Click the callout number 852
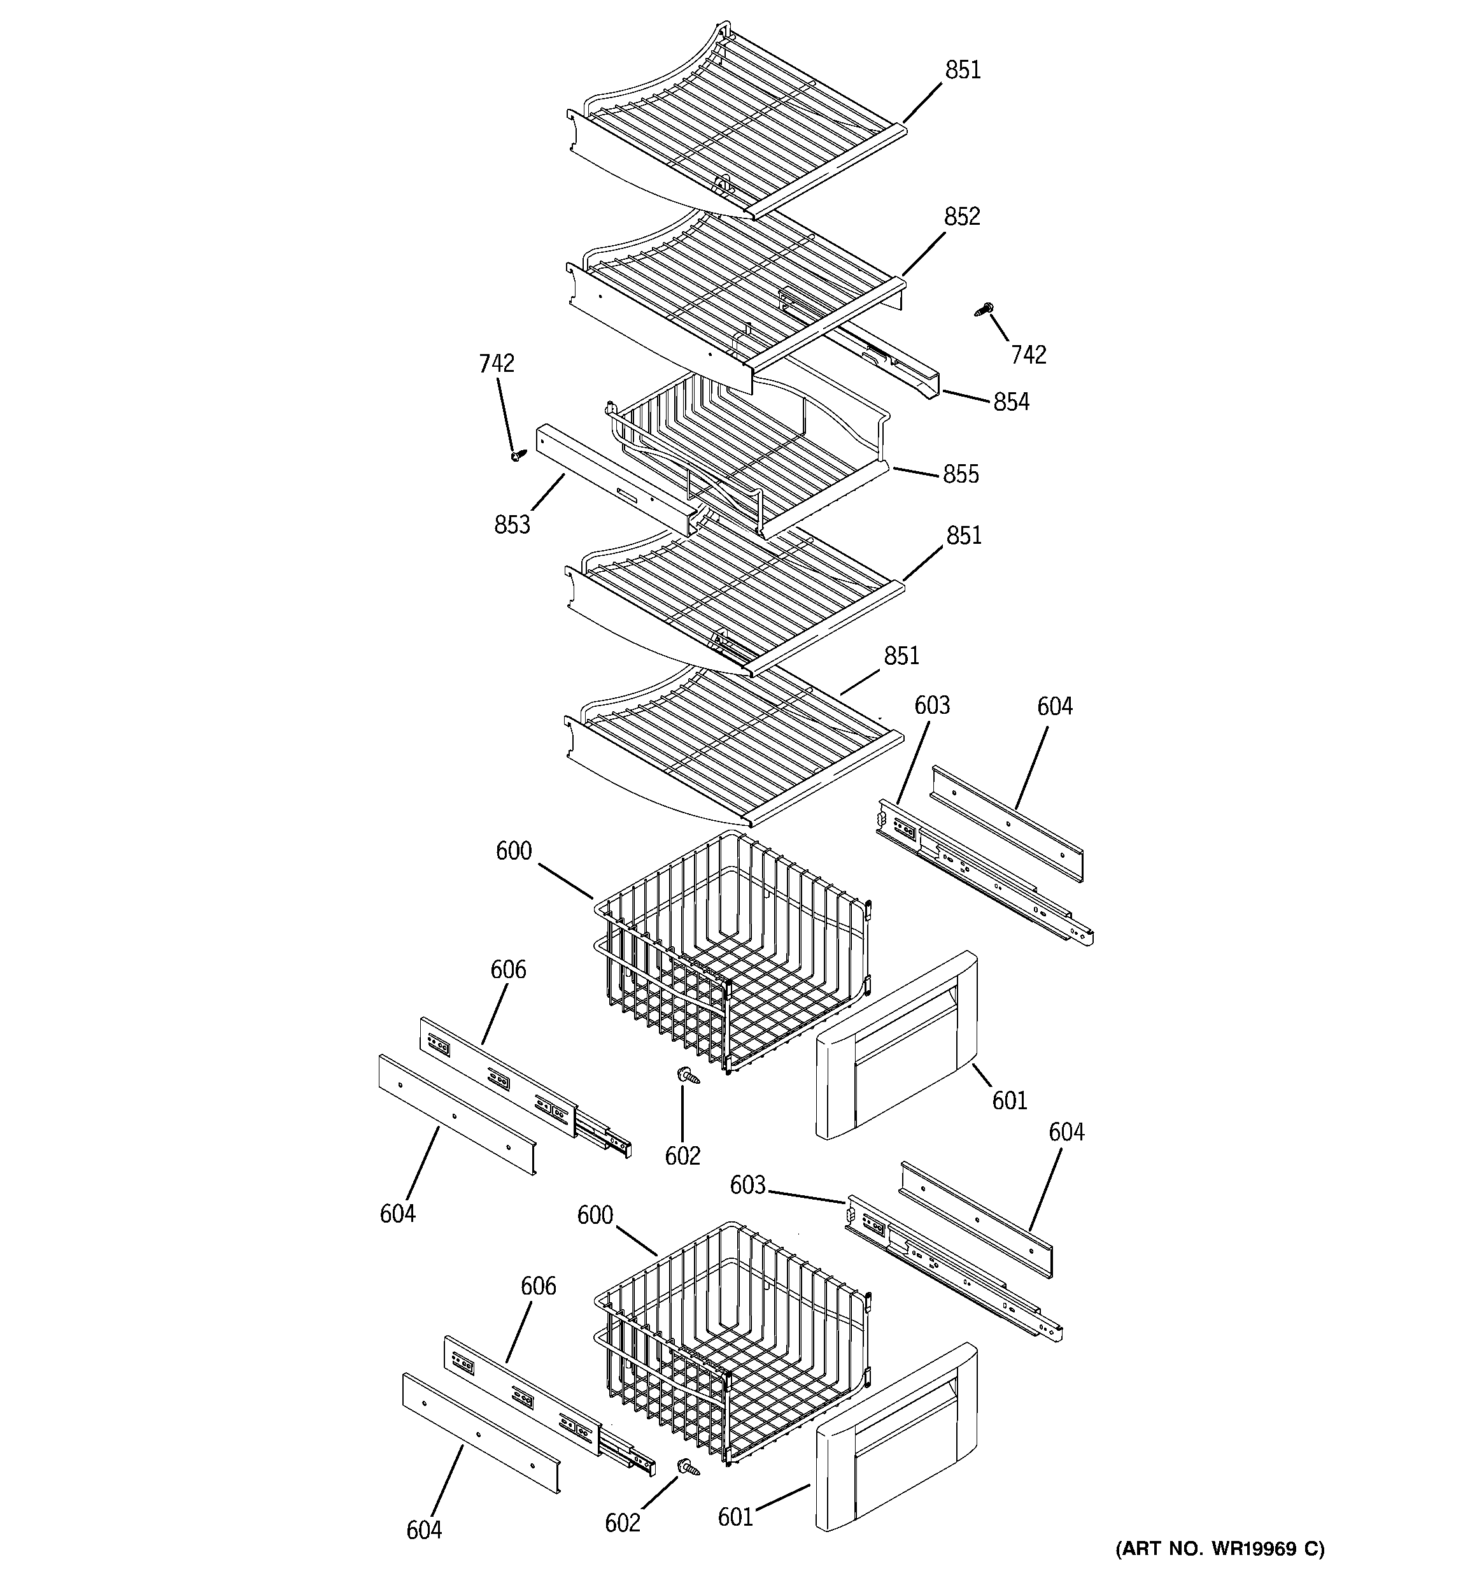[x=962, y=217]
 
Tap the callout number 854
[x=1011, y=402]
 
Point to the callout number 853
[x=511, y=525]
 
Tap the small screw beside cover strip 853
[x=518, y=455]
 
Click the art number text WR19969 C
[x=1220, y=1548]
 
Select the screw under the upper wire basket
[x=686, y=1076]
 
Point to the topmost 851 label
[x=963, y=71]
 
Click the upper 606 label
[x=507, y=970]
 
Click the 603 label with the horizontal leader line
[x=747, y=1185]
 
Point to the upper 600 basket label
[x=513, y=851]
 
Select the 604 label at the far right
[x=1066, y=1132]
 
